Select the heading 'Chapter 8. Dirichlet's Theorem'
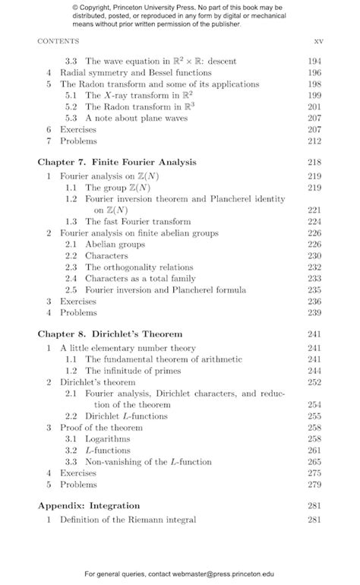[x=110, y=334]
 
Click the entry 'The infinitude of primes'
[x=132, y=370]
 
